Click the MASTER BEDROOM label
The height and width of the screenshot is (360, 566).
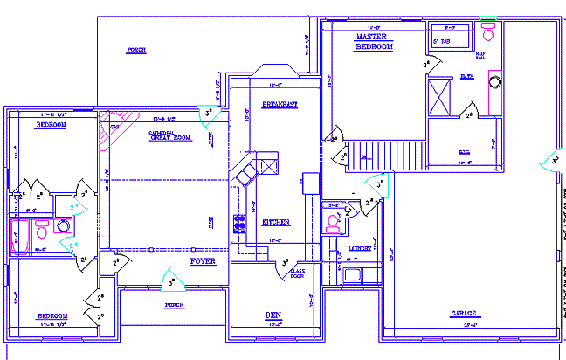374,41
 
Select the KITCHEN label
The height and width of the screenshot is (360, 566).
276,223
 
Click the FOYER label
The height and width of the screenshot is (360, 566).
203,261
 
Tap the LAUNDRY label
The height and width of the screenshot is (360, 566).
361,249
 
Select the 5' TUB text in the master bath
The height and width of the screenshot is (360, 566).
444,40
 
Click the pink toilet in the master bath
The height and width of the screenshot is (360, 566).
487,34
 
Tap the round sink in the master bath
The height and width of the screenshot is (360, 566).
495,82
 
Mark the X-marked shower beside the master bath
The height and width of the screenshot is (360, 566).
438,95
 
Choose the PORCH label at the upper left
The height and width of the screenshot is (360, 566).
135,50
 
